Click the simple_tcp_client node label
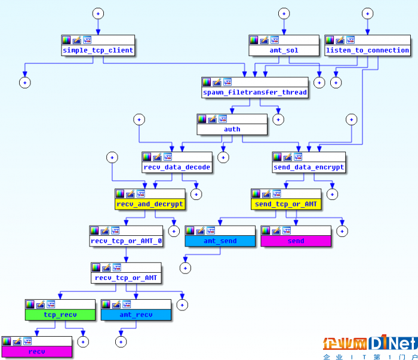click(x=98, y=50)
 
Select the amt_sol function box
click(x=284, y=45)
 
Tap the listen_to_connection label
click(x=367, y=50)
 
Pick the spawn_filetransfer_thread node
click(x=255, y=88)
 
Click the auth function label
click(x=232, y=129)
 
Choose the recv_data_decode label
click(x=177, y=167)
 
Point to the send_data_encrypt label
click(x=309, y=167)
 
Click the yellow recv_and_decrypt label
click(x=150, y=204)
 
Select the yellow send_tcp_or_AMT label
click(x=286, y=204)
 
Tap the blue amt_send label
click(x=220, y=241)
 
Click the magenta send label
click(x=296, y=241)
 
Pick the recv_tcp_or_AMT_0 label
click(x=126, y=241)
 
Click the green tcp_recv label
click(x=60, y=315)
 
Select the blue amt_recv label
click(x=136, y=315)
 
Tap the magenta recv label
click(x=37, y=352)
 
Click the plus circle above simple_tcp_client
click(x=98, y=14)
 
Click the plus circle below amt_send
click(x=185, y=268)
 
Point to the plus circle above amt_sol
click(x=284, y=14)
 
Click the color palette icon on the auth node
click(x=202, y=119)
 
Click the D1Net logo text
click(x=393, y=343)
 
